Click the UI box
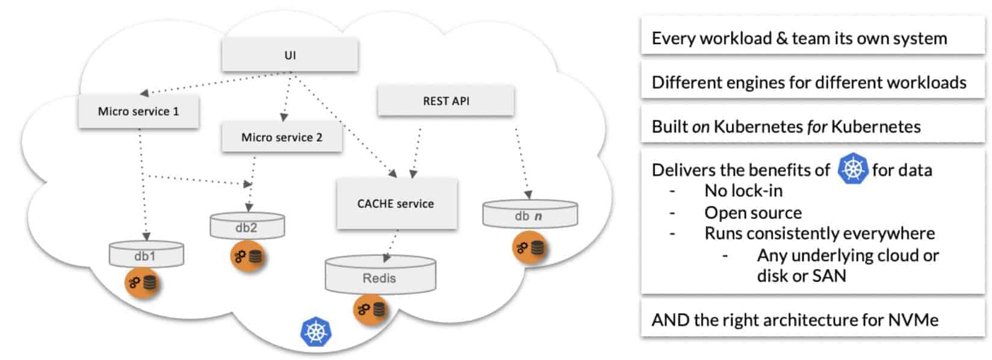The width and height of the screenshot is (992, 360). (x=290, y=55)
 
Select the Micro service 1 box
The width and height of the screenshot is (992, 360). (x=138, y=111)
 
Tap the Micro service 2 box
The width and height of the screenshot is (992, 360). (x=282, y=137)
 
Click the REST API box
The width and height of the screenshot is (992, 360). (x=445, y=101)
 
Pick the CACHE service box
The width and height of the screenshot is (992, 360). (x=396, y=203)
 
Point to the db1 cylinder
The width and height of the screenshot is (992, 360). (x=146, y=255)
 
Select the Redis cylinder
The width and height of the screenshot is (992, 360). (x=380, y=276)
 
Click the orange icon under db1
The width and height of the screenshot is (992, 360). (x=141, y=283)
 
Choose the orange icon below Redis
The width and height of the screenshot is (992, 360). (x=370, y=310)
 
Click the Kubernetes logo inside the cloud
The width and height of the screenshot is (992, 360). (x=316, y=331)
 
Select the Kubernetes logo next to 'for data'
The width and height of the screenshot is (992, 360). (x=852, y=169)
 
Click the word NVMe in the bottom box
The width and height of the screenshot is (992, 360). (x=913, y=320)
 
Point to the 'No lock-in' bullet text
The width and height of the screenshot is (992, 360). (x=743, y=191)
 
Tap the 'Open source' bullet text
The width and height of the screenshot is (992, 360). (x=753, y=213)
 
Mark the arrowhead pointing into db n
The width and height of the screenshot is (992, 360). (x=528, y=195)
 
